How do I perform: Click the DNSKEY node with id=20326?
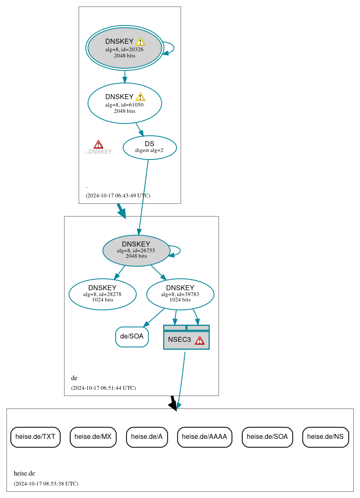point(124,48)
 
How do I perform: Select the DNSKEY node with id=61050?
point(124,103)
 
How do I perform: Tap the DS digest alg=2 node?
point(149,147)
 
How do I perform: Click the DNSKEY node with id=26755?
point(136,251)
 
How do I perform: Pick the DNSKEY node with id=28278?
point(102,294)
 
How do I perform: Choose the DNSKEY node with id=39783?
point(180,294)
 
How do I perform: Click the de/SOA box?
point(132,336)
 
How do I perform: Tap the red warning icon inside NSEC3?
point(200,340)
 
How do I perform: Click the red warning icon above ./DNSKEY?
point(98,144)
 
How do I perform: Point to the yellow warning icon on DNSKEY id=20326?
point(140,41)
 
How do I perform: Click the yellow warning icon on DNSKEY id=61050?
point(140,97)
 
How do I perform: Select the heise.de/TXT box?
point(35,437)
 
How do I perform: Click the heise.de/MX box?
point(93,437)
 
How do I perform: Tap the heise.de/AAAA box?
point(204,437)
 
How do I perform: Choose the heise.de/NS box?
point(325,437)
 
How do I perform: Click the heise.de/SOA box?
point(267,437)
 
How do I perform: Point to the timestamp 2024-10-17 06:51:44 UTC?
point(103,388)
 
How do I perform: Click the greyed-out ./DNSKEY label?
point(99,152)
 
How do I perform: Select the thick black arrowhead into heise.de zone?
point(174,406)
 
